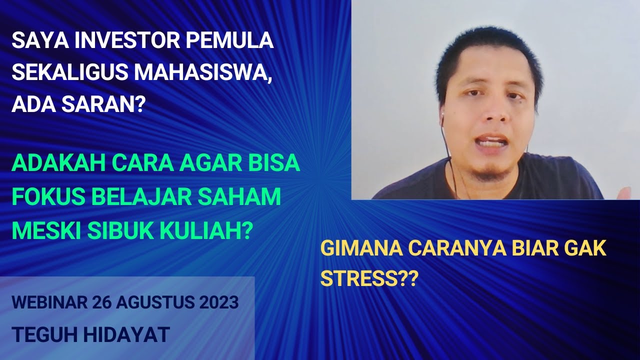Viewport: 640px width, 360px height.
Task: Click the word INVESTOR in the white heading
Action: (121, 40)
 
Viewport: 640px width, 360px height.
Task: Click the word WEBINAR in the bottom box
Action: (48, 302)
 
